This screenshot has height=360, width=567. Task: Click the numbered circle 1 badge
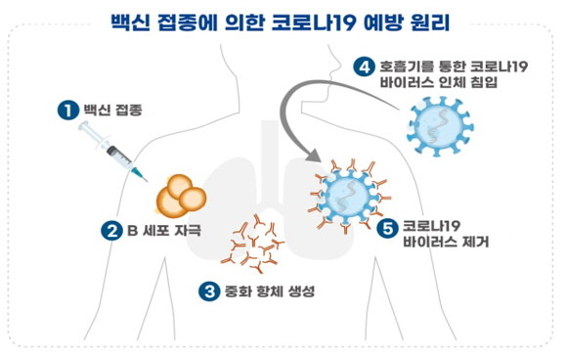pyautogui.click(x=68, y=110)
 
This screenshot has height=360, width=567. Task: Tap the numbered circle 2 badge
pyautogui.click(x=111, y=231)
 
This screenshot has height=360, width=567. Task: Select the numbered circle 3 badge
pyautogui.click(x=209, y=291)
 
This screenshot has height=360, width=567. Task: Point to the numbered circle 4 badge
pyautogui.click(x=364, y=67)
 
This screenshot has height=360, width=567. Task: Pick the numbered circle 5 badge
pyautogui.click(x=387, y=228)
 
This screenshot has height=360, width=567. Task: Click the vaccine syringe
pyautogui.click(x=112, y=152)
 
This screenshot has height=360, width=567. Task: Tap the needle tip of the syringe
pyautogui.click(x=147, y=181)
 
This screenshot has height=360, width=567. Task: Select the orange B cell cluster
pyautogui.click(x=181, y=196)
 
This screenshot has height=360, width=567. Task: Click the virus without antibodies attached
pyautogui.click(x=440, y=126)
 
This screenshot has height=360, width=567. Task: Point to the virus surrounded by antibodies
pyautogui.click(x=349, y=196)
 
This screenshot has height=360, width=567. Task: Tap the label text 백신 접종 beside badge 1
pyautogui.click(x=112, y=110)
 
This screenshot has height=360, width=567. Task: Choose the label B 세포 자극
pyautogui.click(x=164, y=231)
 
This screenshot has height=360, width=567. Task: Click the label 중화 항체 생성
pyautogui.click(x=270, y=292)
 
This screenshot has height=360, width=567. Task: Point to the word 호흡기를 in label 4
pyautogui.click(x=404, y=67)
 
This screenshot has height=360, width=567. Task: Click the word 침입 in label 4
pyautogui.click(x=484, y=82)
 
